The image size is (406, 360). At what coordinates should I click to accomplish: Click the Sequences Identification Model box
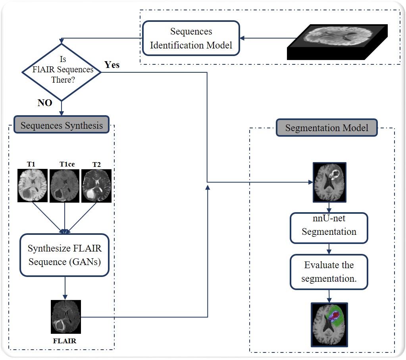coord(191,38)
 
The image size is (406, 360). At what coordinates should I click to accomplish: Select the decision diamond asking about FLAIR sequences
coord(62,72)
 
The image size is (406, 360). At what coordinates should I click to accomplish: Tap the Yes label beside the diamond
coord(112,64)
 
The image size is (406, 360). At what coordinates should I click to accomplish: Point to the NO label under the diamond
coord(45,103)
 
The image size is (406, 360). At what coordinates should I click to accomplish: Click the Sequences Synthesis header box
coord(62,125)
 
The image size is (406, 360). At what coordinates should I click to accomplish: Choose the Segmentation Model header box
coord(327,128)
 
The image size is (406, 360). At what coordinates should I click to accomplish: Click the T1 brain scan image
coord(33,186)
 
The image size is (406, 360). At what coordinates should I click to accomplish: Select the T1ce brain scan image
coord(64,186)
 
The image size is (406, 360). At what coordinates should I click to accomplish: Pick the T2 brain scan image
coord(96,186)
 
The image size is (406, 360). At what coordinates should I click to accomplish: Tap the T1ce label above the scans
coord(67,165)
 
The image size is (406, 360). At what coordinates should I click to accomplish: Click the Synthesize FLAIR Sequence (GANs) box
coord(64,255)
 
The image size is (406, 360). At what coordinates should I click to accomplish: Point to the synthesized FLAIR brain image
coord(66,317)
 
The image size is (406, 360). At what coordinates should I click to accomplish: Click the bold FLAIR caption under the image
coord(64,341)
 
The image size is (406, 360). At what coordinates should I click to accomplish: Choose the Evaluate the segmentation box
coord(329,272)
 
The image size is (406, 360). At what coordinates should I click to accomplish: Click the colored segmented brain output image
coord(329,325)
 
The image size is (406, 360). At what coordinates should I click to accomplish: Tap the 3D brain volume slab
coord(337,42)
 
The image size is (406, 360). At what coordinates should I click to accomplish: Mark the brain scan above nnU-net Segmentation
coord(329,182)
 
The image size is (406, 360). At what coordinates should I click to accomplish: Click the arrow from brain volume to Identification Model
coord(268,38)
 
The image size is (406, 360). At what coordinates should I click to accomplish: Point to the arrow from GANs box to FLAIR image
coord(65,288)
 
